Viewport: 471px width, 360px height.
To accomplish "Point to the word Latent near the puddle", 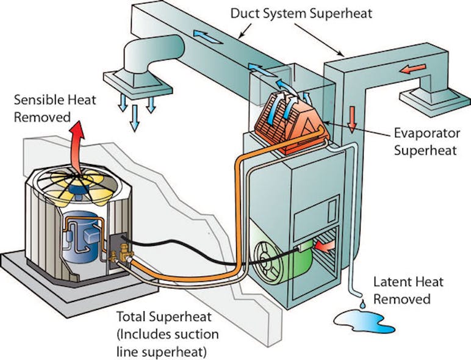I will [x=391, y=283].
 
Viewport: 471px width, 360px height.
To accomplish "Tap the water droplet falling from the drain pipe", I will [x=362, y=303].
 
